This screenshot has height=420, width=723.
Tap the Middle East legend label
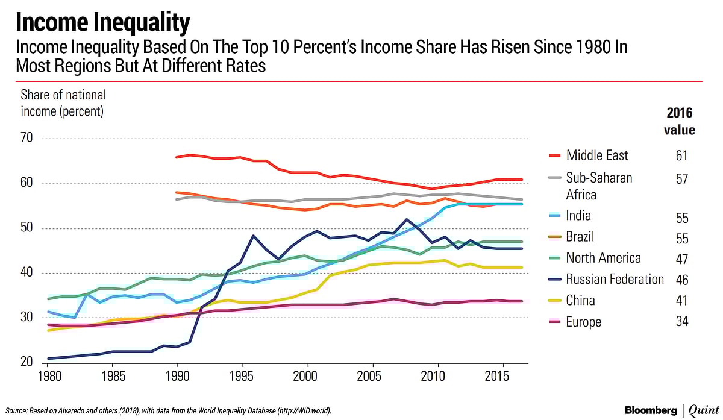click(x=596, y=155)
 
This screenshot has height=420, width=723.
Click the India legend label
click(x=578, y=216)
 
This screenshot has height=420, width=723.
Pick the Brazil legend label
click(x=581, y=237)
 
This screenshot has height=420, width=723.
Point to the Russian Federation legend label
click(x=615, y=279)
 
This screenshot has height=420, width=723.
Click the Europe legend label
click(x=583, y=322)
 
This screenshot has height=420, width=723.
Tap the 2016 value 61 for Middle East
click(x=681, y=156)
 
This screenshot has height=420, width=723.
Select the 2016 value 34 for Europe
click(x=681, y=322)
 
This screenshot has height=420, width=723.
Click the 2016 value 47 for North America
click(x=681, y=259)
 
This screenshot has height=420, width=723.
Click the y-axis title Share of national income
click(x=63, y=103)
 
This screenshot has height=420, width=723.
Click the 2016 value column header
click(x=680, y=121)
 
